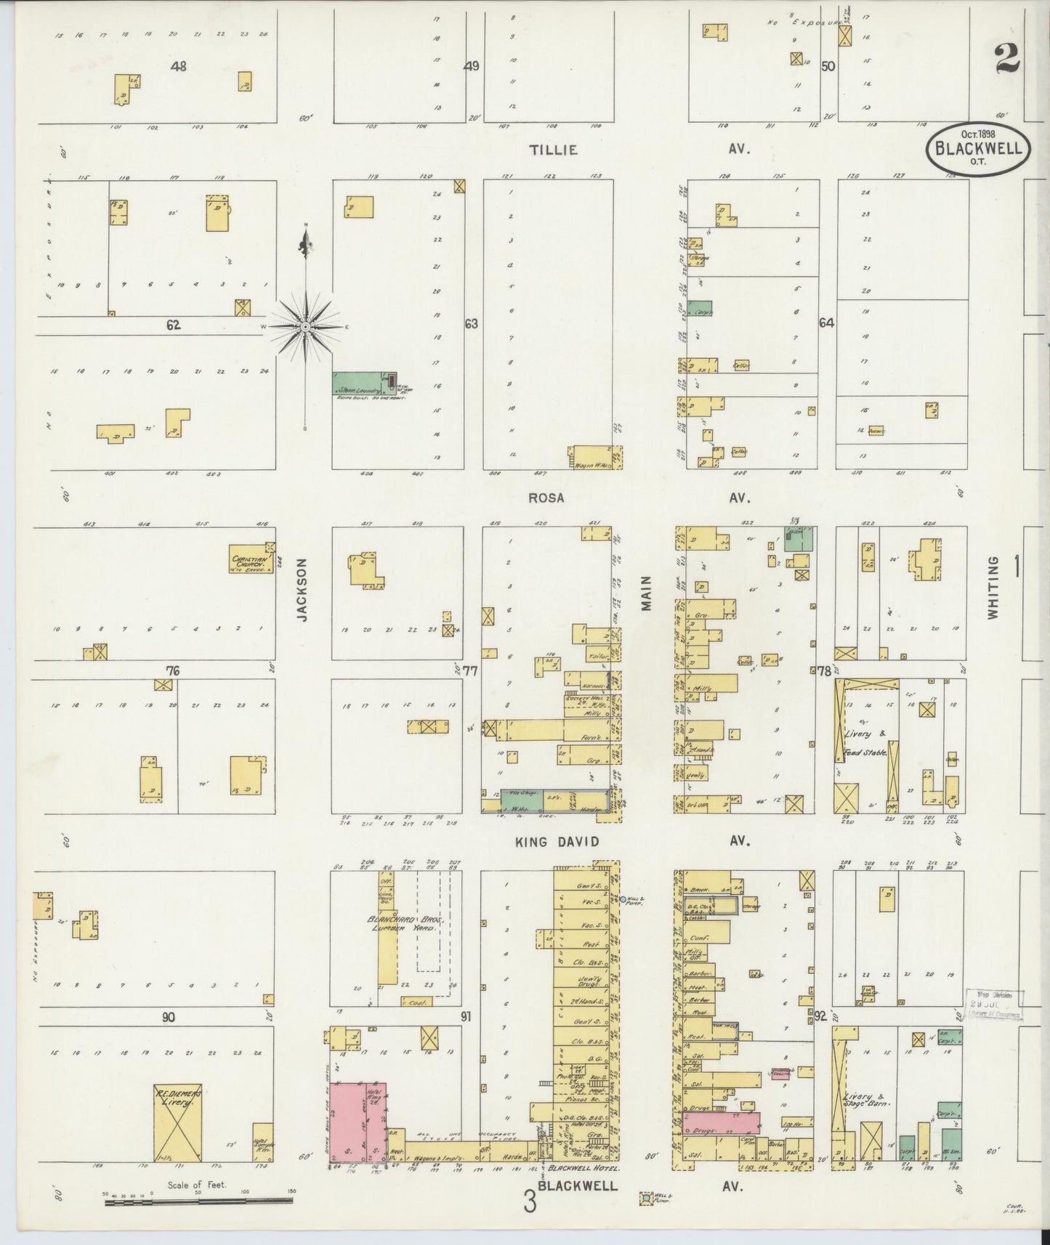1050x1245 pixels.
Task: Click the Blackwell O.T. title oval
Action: coord(978,149)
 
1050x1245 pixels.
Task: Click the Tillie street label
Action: coord(554,150)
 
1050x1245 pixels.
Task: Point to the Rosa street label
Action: coord(546,498)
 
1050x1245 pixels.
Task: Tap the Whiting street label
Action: coord(993,587)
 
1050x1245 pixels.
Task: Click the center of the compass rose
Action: coord(306,328)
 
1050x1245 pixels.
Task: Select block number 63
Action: coord(472,324)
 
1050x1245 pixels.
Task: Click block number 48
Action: coord(179,66)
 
